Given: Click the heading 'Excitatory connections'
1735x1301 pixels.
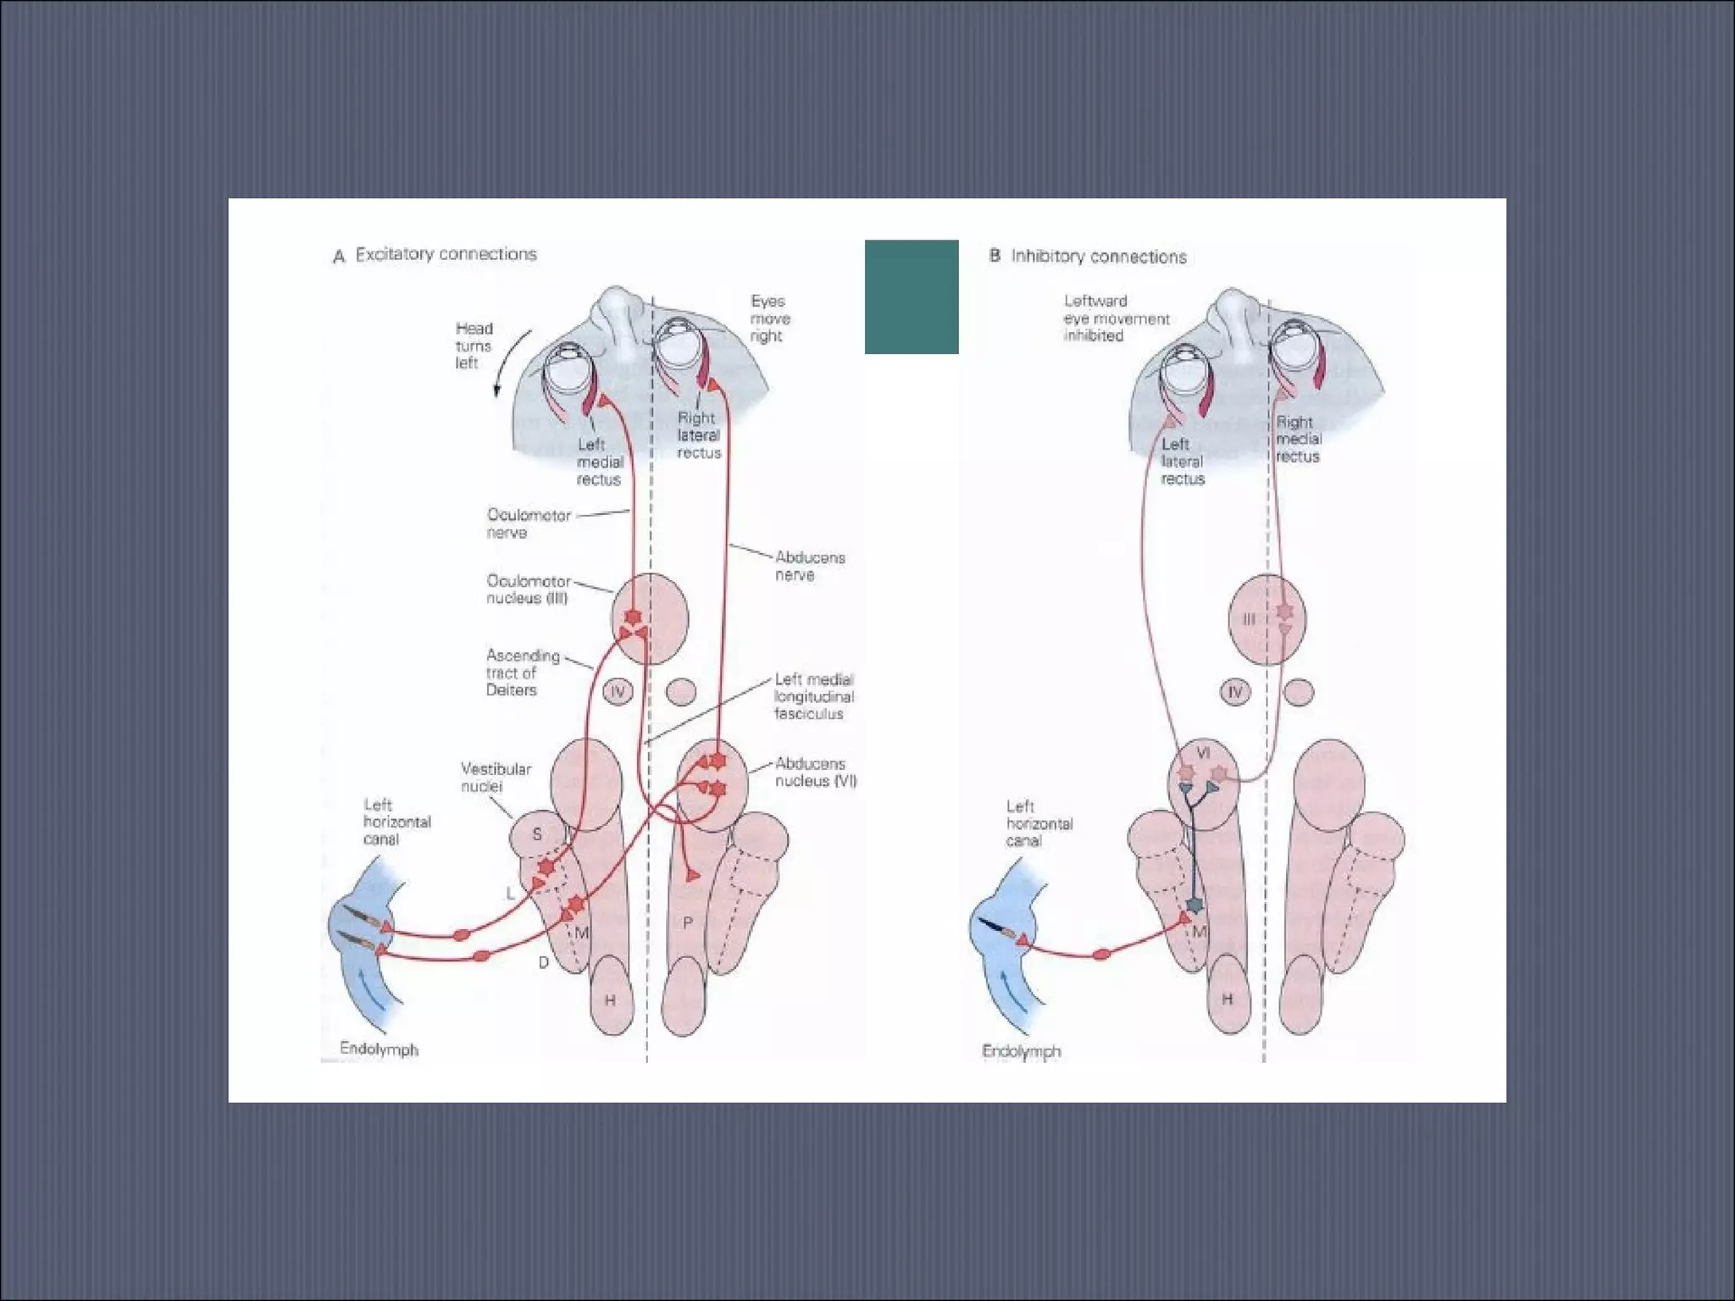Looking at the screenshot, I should click(x=446, y=254).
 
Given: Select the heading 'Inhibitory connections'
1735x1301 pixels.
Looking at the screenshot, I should click(x=1098, y=257).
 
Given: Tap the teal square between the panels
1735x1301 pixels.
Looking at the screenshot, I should click(x=911, y=296).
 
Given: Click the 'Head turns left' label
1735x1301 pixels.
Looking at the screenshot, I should click(x=473, y=346).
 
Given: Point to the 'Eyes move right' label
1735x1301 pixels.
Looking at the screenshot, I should click(x=769, y=318).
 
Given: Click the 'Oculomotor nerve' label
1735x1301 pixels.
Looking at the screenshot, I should click(x=528, y=523).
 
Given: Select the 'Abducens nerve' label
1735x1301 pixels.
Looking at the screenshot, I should click(x=809, y=566).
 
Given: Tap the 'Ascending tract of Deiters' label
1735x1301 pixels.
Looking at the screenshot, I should click(x=522, y=673).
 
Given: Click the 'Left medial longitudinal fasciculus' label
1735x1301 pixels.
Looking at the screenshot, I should click(x=813, y=696).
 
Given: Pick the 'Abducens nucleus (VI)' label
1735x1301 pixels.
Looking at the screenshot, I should click(x=815, y=772).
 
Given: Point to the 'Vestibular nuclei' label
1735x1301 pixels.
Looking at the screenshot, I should click(x=495, y=778).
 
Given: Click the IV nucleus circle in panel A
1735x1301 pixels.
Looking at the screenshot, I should click(x=618, y=693).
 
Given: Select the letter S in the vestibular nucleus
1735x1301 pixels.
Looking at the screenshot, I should click(x=536, y=834).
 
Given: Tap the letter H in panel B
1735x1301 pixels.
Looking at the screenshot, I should click(x=1227, y=1000).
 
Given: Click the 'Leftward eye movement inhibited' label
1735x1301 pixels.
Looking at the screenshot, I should click(x=1116, y=318).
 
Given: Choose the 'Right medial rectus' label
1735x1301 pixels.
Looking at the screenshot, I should click(x=1298, y=439).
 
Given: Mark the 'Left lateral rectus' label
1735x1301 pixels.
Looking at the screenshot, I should click(x=1182, y=462).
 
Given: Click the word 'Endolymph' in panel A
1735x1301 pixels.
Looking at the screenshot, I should click(x=379, y=1049).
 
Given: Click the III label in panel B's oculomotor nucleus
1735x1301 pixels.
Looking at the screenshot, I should click(x=1249, y=620).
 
